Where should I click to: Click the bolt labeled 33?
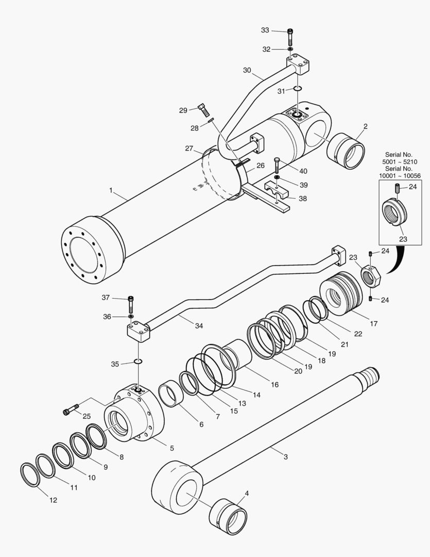[x=290, y=37]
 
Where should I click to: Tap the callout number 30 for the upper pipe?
[x=247, y=70]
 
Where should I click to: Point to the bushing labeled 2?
[x=346, y=151]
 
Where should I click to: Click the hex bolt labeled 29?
[x=203, y=110]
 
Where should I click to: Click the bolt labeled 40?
[x=277, y=165]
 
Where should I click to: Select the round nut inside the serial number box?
[x=394, y=211]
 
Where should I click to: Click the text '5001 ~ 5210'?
[x=400, y=161]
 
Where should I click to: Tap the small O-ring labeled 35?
[x=137, y=362]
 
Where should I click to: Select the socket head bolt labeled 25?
[x=71, y=409]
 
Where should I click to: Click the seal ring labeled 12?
[x=30, y=475]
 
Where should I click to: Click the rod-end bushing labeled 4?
[x=228, y=516]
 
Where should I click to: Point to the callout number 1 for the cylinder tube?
[x=111, y=191]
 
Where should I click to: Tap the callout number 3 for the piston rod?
[x=286, y=457]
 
